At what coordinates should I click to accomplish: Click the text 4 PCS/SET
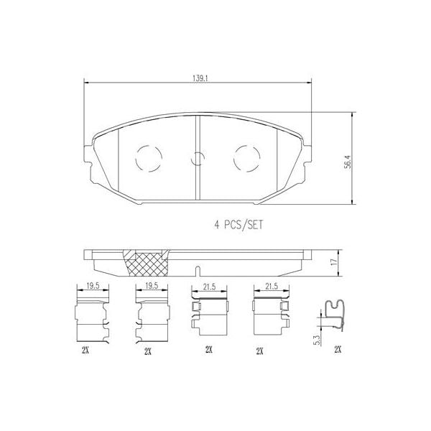[x=238, y=223]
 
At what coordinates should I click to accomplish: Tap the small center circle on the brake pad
[x=198, y=161]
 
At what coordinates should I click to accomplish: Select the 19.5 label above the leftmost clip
[x=92, y=287]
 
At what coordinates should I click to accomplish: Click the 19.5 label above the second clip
[x=150, y=287]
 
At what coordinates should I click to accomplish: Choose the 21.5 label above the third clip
[x=208, y=287]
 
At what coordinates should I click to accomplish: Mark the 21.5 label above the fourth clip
[x=269, y=287]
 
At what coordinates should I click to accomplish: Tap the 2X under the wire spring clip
[x=338, y=349]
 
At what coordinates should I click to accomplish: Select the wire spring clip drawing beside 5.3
[x=333, y=318]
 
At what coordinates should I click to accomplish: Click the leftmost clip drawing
[x=92, y=316]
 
